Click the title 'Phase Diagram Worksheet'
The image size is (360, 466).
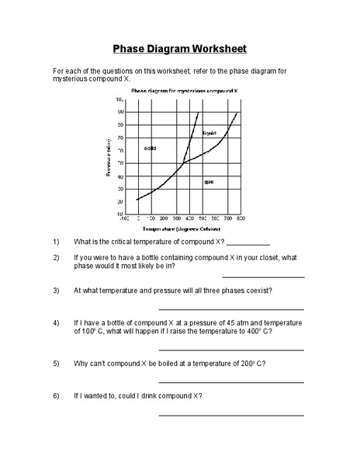(x=180, y=48)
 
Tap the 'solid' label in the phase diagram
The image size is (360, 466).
(x=151, y=148)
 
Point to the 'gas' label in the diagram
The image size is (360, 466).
(x=209, y=182)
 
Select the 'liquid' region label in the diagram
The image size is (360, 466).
(x=209, y=134)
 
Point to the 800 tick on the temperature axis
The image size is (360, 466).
(x=241, y=219)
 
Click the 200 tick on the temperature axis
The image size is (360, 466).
(x=164, y=219)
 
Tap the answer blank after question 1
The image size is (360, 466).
(x=249, y=243)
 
